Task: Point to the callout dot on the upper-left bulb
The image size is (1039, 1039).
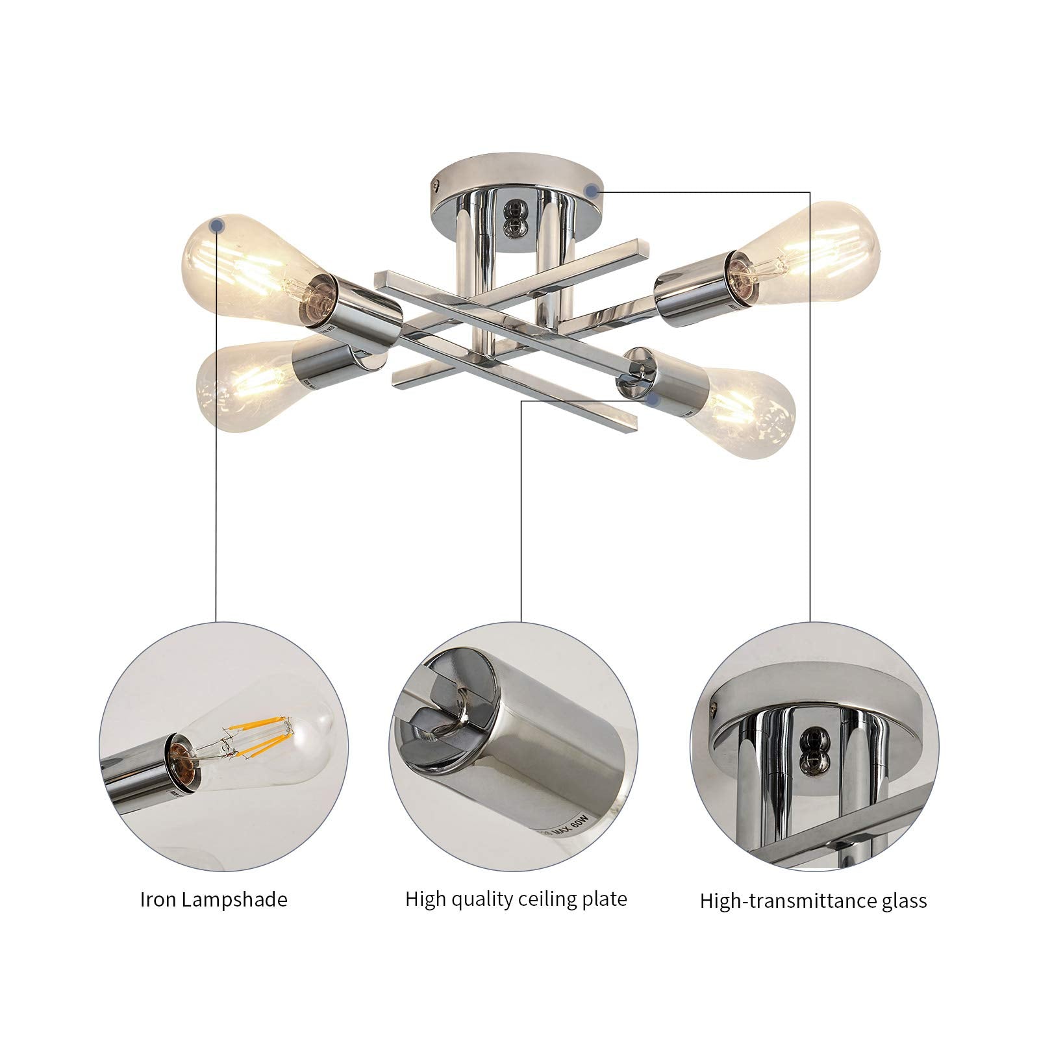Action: coord(219,225)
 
